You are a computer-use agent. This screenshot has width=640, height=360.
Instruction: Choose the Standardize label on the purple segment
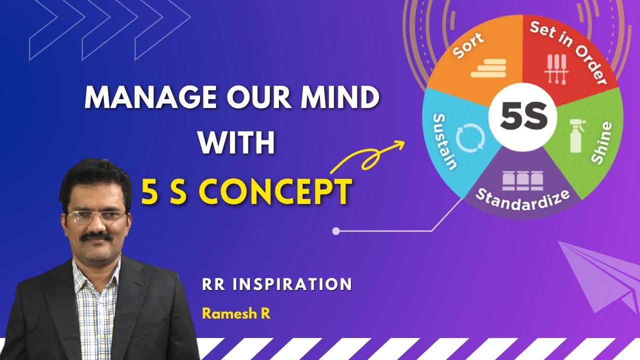[522, 200]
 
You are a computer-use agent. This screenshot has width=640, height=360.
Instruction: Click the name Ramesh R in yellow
[236, 314]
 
